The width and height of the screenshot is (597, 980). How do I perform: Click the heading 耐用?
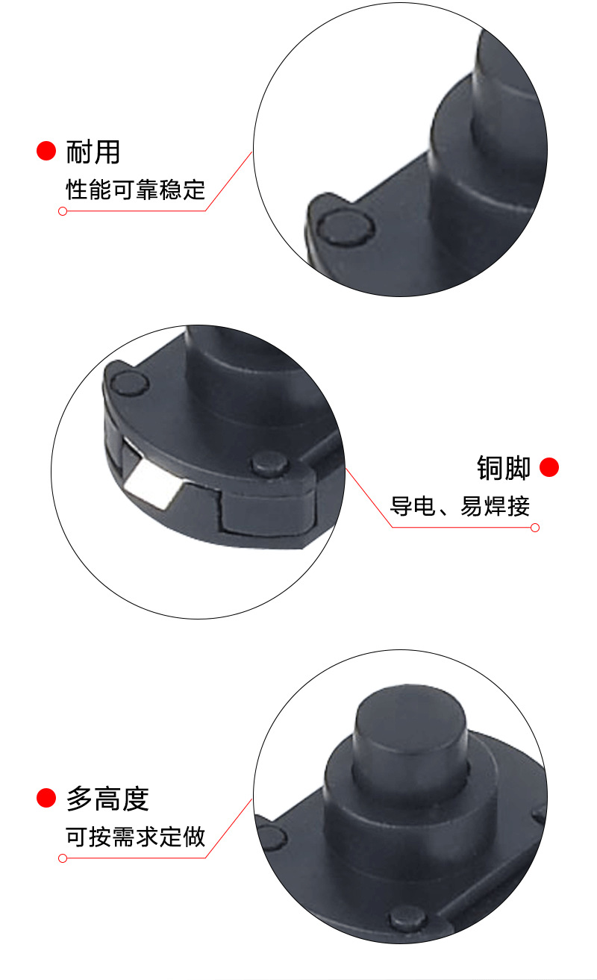pyautogui.click(x=93, y=152)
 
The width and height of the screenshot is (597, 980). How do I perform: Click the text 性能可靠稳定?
pyautogui.click(x=135, y=190)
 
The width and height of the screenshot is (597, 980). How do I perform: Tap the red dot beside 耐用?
pyautogui.click(x=46, y=151)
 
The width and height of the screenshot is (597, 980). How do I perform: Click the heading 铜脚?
pyautogui.click(x=504, y=468)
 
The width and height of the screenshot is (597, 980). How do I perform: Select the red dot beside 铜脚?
pyautogui.click(x=549, y=468)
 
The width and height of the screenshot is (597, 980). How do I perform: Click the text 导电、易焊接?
pyautogui.click(x=460, y=507)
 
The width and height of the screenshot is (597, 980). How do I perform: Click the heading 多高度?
pyautogui.click(x=107, y=799)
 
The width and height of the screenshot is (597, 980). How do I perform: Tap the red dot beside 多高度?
pyautogui.click(x=46, y=799)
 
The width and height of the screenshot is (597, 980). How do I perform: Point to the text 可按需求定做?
pyautogui.click(x=135, y=837)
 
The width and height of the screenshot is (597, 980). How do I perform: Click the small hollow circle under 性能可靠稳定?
pyautogui.click(x=63, y=211)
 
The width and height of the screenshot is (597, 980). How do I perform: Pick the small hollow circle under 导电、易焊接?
pyautogui.click(x=534, y=528)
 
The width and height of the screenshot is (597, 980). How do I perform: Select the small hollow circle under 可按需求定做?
pyautogui.click(x=63, y=858)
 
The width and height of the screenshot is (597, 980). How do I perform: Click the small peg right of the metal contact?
pyautogui.click(x=271, y=464)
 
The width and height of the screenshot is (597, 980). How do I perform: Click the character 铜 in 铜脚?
pyautogui.click(x=490, y=468)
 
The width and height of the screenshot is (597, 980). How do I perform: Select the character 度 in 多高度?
pyautogui.click(x=135, y=799)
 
